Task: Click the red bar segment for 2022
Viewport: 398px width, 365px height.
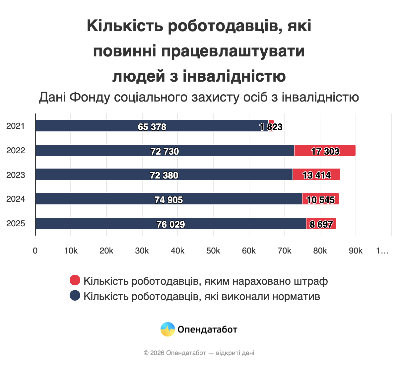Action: (325, 150)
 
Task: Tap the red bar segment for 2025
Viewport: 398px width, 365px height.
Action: (321, 223)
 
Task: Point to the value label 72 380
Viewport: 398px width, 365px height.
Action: (164, 175)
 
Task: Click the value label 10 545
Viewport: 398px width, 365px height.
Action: (320, 200)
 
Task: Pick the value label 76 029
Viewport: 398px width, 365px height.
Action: (170, 225)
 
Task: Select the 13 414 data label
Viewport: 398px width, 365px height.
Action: (316, 175)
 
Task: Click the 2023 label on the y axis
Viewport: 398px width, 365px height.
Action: (16, 175)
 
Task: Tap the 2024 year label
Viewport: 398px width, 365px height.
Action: (16, 199)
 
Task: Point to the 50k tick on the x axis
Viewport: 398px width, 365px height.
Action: (213, 251)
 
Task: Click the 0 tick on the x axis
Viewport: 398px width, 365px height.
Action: (35, 251)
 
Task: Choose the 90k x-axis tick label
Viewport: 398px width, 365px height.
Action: (356, 251)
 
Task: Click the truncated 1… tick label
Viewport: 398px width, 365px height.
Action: (382, 251)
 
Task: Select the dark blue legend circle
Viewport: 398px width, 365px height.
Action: (75, 295)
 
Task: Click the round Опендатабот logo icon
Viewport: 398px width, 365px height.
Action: (167, 329)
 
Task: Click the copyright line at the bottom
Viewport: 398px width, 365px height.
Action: (199, 353)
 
